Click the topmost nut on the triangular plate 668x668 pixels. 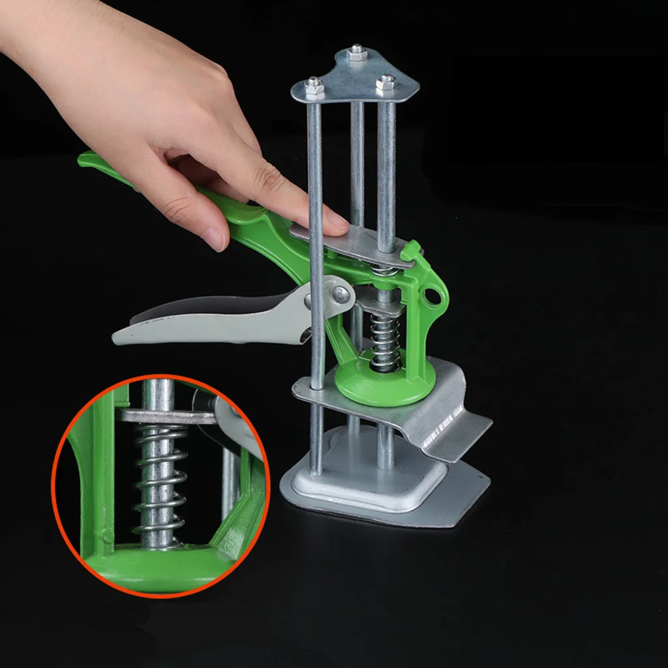coord(356,53)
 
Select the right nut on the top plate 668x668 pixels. coord(386,82)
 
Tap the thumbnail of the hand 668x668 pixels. coord(215,239)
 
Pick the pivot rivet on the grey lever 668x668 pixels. coord(340,295)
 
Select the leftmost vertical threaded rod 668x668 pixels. coord(316,274)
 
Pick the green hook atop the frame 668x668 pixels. coord(411,250)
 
